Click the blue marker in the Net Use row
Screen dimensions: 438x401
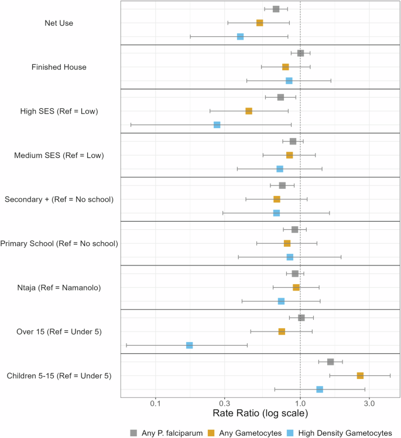pyautogui.click(x=240, y=37)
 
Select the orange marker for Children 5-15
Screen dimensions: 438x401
pyautogui.click(x=360, y=375)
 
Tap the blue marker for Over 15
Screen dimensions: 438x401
pyautogui.click(x=189, y=346)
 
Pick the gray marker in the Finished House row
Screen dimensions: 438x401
pyautogui.click(x=300, y=53)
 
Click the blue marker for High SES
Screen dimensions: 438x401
pyautogui.click(x=217, y=125)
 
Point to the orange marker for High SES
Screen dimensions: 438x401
pyautogui.click(x=249, y=111)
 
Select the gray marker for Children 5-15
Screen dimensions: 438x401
pyautogui.click(x=330, y=362)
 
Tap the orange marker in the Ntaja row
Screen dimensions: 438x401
pyautogui.click(x=296, y=287)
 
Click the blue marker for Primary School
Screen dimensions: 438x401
pyautogui.click(x=290, y=257)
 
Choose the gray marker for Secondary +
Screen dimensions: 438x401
pyautogui.click(x=282, y=185)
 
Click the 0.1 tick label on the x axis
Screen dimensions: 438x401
pyautogui.click(x=155, y=404)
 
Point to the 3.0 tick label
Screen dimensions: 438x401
pyautogui.click(x=369, y=404)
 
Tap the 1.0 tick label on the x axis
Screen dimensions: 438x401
pyautogui.click(x=300, y=404)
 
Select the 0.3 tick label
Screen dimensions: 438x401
pyautogui.click(x=224, y=404)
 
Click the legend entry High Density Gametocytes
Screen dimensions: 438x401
pyautogui.click(x=338, y=433)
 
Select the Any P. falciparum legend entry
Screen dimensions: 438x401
pyautogui.click(x=166, y=433)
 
